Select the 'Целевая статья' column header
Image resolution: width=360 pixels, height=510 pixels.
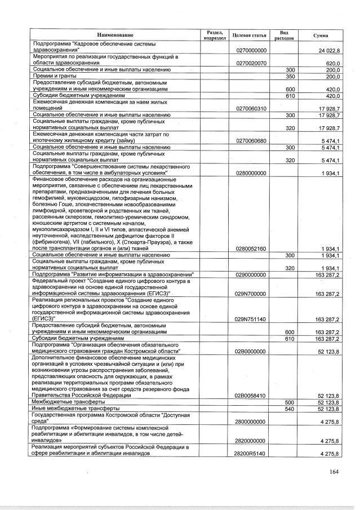coord(248,35)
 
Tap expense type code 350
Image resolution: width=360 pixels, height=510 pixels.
coord(291,76)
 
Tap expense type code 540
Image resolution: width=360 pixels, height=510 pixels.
coord(291,409)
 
